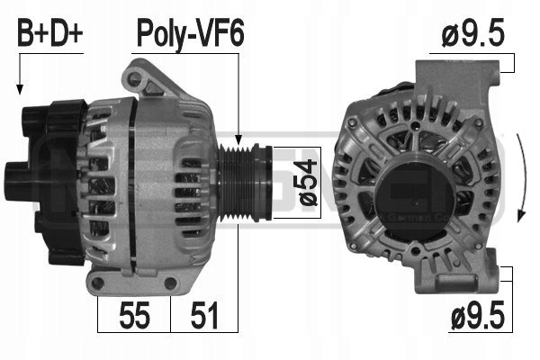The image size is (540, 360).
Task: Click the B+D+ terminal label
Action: (x=50, y=34)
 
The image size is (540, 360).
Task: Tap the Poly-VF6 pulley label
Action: (x=191, y=34)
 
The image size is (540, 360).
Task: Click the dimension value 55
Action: (x=134, y=315)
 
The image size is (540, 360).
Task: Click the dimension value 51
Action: (x=204, y=315)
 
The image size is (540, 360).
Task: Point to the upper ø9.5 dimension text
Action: (x=472, y=33)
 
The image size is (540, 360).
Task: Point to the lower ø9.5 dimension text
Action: (x=477, y=315)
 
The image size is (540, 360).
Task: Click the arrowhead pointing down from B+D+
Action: (x=20, y=89)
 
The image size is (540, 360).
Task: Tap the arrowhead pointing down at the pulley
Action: (x=238, y=139)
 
